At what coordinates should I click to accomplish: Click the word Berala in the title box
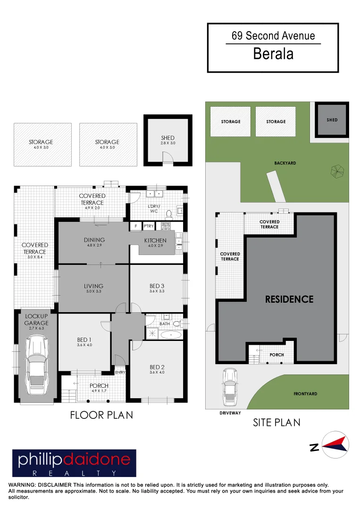[x=273, y=54]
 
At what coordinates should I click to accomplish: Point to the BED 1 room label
[x=84, y=339]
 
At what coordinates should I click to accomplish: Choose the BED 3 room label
[x=157, y=286]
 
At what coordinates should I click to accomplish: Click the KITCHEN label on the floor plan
[x=155, y=240]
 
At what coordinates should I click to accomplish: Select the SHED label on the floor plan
[x=167, y=138]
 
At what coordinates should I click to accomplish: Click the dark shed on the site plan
[x=332, y=120]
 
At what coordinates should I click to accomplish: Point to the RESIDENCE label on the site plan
[x=289, y=299]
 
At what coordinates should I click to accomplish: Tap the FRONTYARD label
[x=305, y=393]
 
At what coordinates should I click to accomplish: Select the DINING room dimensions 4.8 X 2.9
[x=94, y=246]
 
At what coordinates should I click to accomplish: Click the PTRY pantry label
[x=149, y=226]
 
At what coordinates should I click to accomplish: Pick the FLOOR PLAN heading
[x=101, y=415]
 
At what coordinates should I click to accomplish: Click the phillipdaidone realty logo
[x=74, y=463]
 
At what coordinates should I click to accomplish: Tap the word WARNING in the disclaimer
[x=22, y=485]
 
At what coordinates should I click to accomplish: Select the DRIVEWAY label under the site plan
[x=230, y=413]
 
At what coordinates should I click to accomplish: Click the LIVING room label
[x=93, y=286]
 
